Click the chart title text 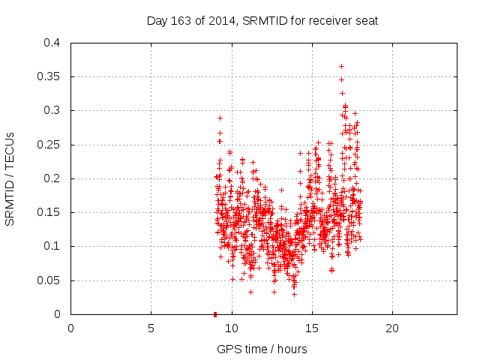pyautogui.click(x=262, y=20)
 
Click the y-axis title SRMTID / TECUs pyautogui.click(x=10, y=178)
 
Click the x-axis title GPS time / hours pyautogui.click(x=262, y=349)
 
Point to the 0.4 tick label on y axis pyautogui.click(x=52, y=43)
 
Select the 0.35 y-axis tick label pyautogui.click(x=49, y=77)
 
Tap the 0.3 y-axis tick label pyautogui.click(x=52, y=111)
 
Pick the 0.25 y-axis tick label pyautogui.click(x=49, y=145)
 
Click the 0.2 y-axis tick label pyautogui.click(x=52, y=178)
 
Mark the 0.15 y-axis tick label pyautogui.click(x=49, y=212)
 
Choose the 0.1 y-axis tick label pyautogui.click(x=52, y=246)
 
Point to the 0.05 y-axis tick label pyautogui.click(x=49, y=280)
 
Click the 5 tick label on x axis pyautogui.click(x=151, y=328)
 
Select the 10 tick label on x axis pyautogui.click(x=231, y=328)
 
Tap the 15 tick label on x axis pyautogui.click(x=311, y=328)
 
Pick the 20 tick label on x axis pyautogui.click(x=391, y=328)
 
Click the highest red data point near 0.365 pyautogui.click(x=341, y=66)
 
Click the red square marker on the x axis pyautogui.click(x=215, y=314)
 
